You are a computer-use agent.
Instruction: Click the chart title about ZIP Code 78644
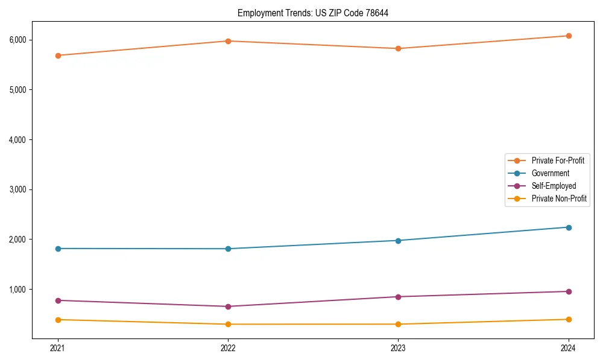[x=312, y=13]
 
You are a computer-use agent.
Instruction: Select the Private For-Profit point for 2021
[x=58, y=56]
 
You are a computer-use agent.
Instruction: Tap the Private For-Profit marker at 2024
[x=569, y=36]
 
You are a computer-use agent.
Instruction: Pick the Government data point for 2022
[x=228, y=249]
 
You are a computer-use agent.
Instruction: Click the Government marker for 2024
[x=569, y=227]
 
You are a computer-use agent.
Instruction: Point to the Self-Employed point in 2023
[x=398, y=297]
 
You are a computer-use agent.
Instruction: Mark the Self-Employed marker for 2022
[x=228, y=306]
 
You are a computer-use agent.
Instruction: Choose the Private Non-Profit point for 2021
[x=58, y=320]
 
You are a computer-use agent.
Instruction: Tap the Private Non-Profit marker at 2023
[x=398, y=325]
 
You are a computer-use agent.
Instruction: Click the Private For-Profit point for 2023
[x=398, y=48]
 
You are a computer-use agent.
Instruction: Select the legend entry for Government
[x=550, y=173]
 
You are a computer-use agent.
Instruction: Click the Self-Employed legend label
[x=554, y=186]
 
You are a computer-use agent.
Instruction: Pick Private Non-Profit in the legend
[x=559, y=198]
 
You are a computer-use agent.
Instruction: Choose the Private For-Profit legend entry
[x=558, y=160]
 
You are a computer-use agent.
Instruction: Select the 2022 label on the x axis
[x=228, y=348]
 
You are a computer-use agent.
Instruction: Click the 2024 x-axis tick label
[x=569, y=348]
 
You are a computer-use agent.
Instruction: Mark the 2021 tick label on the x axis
[x=58, y=348]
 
